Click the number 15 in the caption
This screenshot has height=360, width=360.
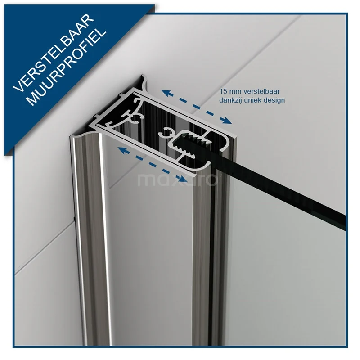point(223,91)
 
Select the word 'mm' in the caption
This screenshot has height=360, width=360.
point(234,92)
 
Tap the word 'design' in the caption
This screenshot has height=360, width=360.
point(274,100)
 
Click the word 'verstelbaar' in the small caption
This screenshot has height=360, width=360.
point(261,91)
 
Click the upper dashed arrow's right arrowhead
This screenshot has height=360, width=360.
point(227,121)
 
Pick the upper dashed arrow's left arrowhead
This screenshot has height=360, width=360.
point(166,93)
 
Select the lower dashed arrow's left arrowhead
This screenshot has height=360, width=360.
point(123,150)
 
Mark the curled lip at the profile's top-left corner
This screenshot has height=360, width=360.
point(144,81)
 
